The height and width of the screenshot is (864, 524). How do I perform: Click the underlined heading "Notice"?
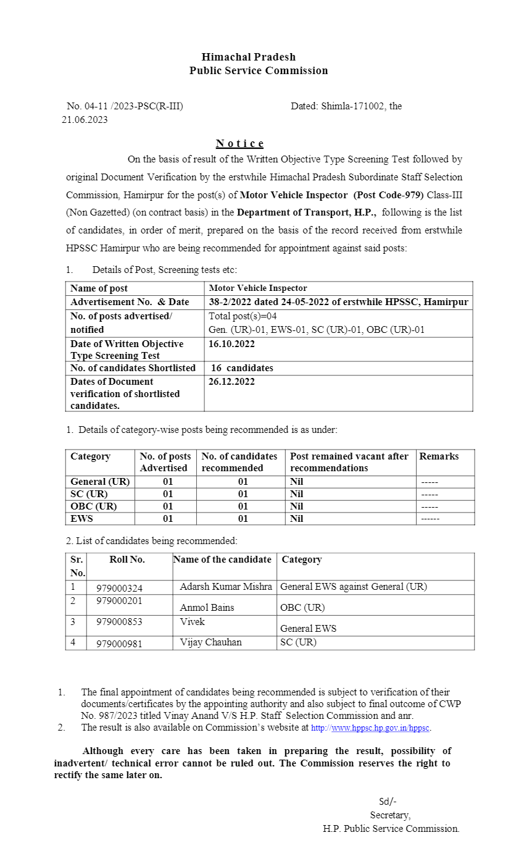[x=239, y=144]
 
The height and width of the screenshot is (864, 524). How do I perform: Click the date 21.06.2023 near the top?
[x=85, y=120]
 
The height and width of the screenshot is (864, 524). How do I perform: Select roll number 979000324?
[x=119, y=588]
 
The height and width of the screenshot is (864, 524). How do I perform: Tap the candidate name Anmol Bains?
[x=207, y=607]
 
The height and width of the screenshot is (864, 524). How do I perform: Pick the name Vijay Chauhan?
[x=210, y=642]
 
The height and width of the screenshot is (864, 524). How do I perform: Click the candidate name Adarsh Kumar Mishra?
[x=225, y=587]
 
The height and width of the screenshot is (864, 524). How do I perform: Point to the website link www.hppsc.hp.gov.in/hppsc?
[x=380, y=728]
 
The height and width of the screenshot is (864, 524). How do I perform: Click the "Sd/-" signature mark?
[x=388, y=802]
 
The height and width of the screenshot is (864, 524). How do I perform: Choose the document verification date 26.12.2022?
[x=231, y=382]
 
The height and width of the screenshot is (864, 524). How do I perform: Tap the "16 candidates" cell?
[x=242, y=368]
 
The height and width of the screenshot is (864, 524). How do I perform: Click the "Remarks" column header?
[x=439, y=456]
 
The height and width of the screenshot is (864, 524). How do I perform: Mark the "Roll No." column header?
[x=127, y=560]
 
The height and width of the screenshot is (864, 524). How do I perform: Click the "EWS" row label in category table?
[x=82, y=519]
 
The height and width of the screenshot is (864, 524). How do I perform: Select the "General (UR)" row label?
[x=100, y=482]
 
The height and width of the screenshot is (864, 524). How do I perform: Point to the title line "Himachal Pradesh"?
[x=248, y=57]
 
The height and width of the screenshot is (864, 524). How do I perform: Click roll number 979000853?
[x=119, y=622]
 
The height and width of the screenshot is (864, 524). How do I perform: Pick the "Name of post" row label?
[x=99, y=288]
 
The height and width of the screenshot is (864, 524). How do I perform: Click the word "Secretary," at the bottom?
[x=390, y=815]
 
